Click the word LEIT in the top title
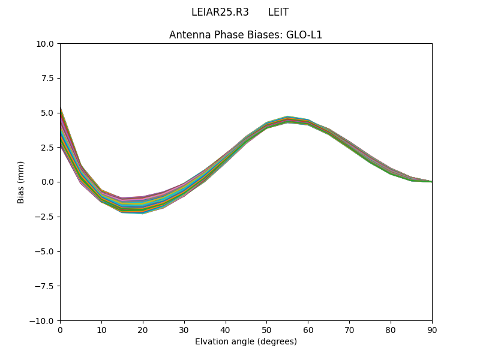278,12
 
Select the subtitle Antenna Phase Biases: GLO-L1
245,35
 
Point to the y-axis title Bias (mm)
21,182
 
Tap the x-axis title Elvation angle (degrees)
245,341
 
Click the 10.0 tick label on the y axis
45,44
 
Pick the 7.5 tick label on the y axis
47,79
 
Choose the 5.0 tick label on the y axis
47,113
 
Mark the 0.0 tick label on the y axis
47,182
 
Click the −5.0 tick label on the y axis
45,251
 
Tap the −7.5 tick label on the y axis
45,286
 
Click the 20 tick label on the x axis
143,330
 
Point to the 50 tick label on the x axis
266,330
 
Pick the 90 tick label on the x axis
432,330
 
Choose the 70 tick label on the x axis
349,330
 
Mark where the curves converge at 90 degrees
431,181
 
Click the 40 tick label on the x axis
226,330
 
